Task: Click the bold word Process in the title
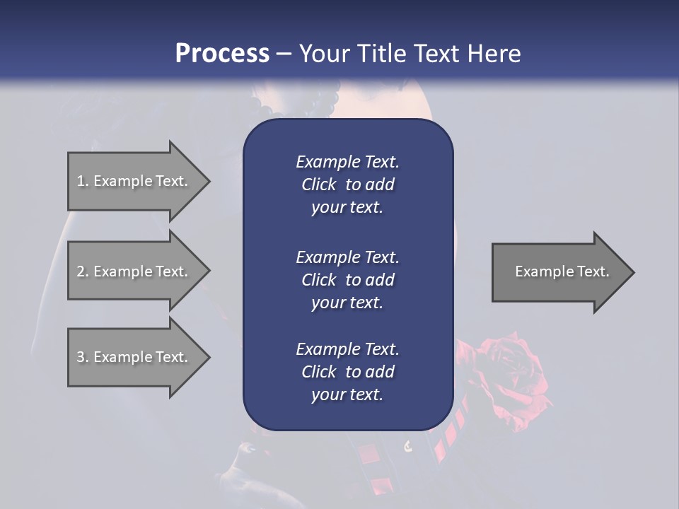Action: point(222,54)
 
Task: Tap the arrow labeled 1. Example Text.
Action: point(132,181)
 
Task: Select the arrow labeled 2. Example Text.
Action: point(132,271)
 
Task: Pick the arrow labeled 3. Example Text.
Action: point(132,357)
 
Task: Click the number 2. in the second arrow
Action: point(83,271)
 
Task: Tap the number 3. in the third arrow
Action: point(83,357)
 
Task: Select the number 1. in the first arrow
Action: point(82,181)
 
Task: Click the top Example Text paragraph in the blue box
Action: point(347,185)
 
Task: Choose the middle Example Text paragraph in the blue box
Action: point(347,279)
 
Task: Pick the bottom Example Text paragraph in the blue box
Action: point(347,372)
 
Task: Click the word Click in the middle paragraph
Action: point(319,280)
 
